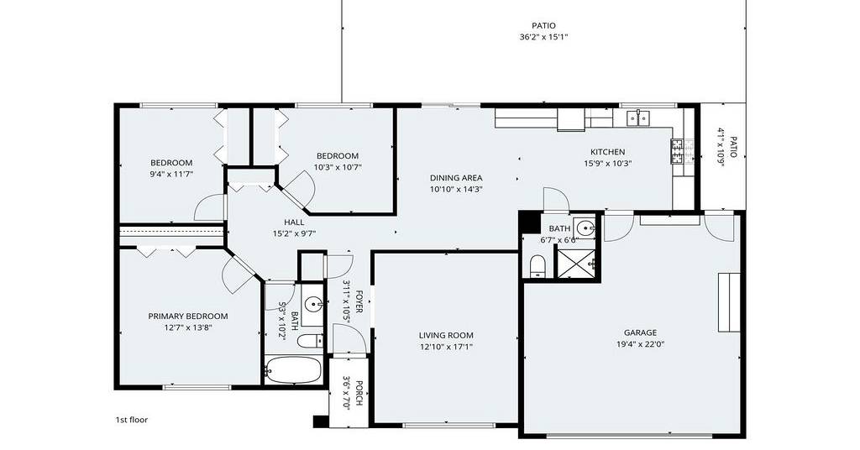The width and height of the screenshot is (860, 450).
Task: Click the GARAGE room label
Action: point(640,332)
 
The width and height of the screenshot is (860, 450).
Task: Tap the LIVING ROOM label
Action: point(446,336)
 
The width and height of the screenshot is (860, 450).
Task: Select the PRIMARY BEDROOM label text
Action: point(188,317)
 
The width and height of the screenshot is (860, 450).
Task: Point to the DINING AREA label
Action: point(456,178)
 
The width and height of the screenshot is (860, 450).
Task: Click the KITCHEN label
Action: point(608,152)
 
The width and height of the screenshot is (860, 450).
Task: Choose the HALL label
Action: point(294,222)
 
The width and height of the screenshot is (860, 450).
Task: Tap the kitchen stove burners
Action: point(678,151)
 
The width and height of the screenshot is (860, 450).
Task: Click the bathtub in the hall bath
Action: point(293,370)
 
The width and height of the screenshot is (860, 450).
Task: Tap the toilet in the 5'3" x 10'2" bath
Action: point(309,340)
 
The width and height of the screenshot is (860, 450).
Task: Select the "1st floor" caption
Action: point(132,420)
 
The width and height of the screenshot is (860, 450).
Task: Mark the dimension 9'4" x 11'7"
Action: point(171,175)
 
